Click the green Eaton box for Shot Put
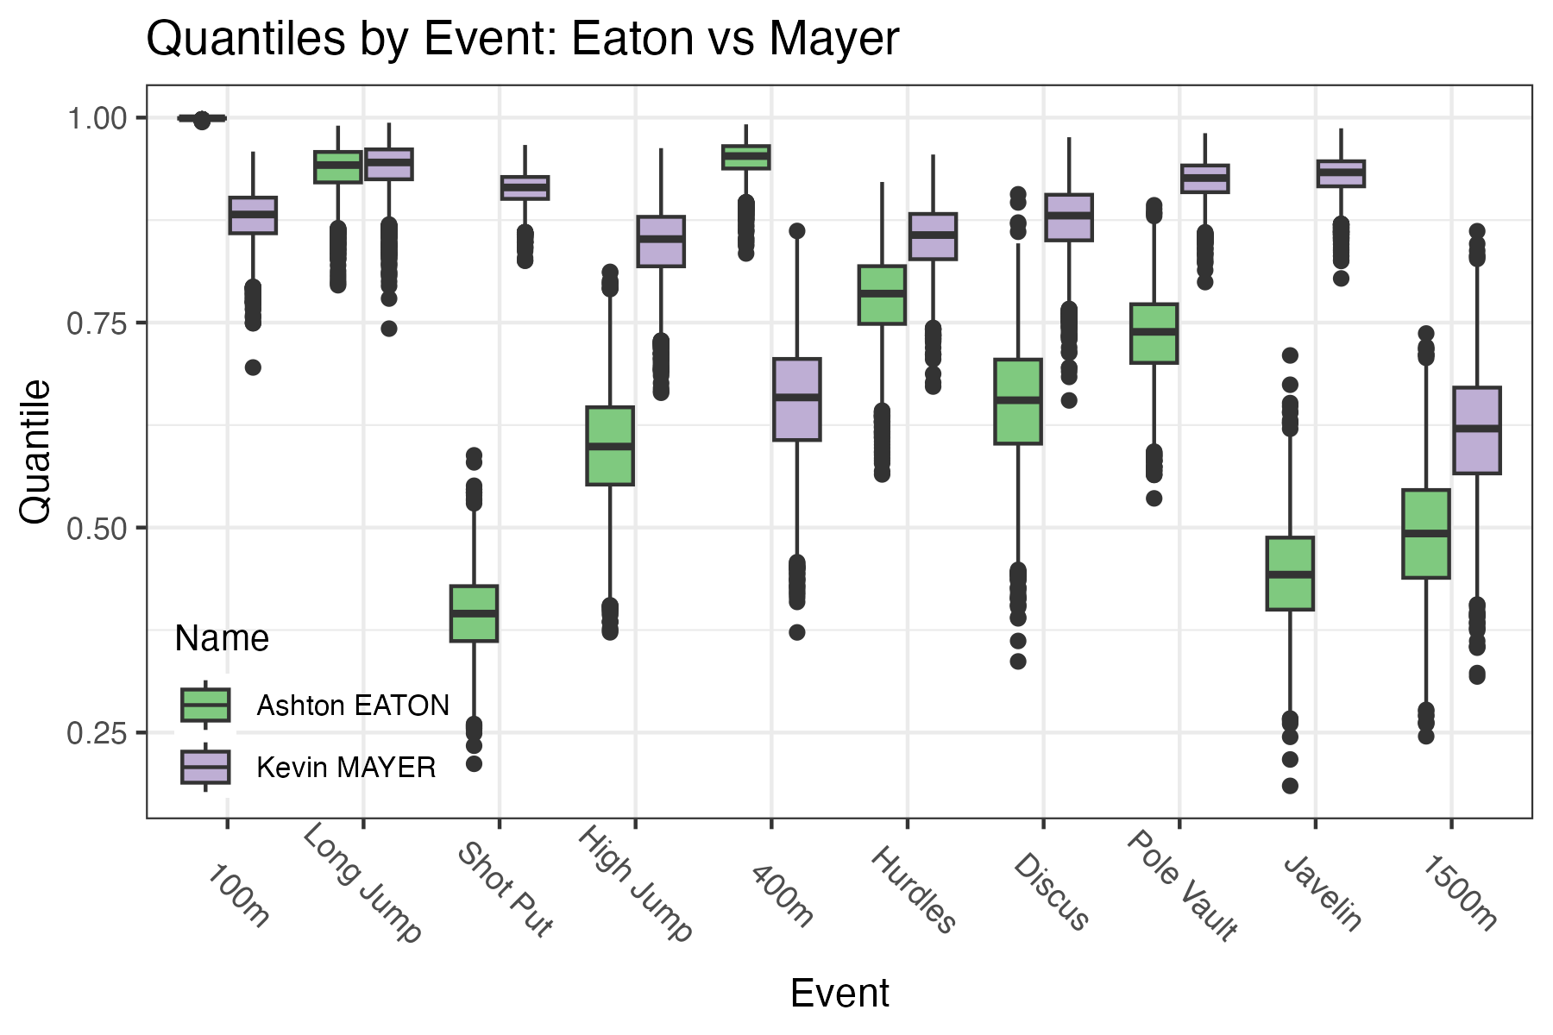click(474, 613)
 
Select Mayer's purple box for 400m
click(796, 398)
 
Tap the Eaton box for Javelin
click(1290, 574)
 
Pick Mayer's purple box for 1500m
click(1477, 430)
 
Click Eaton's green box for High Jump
click(610, 445)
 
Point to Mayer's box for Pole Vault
click(1205, 179)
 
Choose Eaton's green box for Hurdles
click(882, 295)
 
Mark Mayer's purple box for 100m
click(253, 215)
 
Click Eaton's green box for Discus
click(1018, 401)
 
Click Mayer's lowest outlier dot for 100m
click(253, 367)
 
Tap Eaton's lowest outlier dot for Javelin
click(1290, 786)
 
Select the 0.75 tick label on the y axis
click(96, 323)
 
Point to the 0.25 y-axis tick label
click(96, 733)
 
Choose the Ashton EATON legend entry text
click(353, 706)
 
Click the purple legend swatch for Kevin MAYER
click(205, 767)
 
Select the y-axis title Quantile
click(36, 451)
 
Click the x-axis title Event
click(839, 994)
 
